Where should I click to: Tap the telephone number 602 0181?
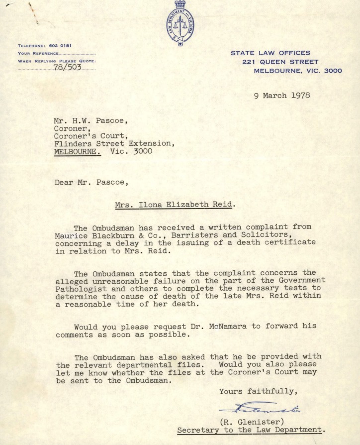(x=60, y=46)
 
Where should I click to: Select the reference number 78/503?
(x=67, y=68)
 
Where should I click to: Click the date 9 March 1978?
(x=281, y=95)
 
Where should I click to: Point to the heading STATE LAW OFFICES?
(x=270, y=53)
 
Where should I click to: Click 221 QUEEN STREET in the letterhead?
(x=280, y=62)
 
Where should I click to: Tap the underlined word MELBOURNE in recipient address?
(x=77, y=152)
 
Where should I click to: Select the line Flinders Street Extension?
(x=114, y=143)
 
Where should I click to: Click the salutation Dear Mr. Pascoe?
(x=91, y=182)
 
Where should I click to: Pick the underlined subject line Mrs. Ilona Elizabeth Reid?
(x=168, y=205)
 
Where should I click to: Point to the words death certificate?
(x=283, y=242)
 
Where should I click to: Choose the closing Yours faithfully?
(x=258, y=391)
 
